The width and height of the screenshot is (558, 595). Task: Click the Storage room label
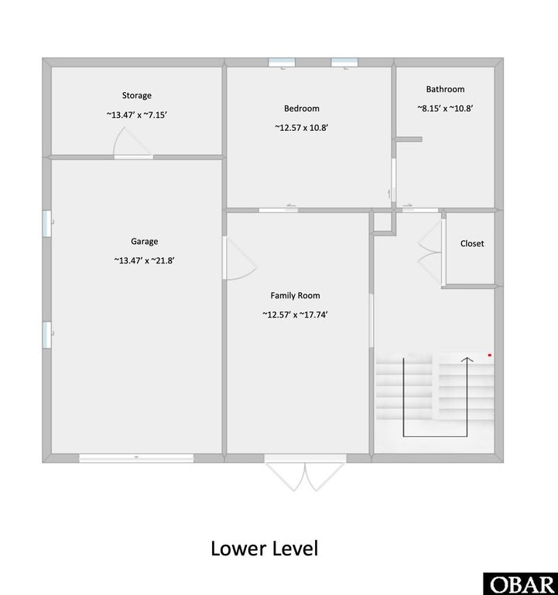click(x=136, y=96)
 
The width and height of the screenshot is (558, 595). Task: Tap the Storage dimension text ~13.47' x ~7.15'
click(x=136, y=115)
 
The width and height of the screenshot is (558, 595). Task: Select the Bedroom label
click(x=302, y=108)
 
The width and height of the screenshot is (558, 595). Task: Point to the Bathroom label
click(x=445, y=90)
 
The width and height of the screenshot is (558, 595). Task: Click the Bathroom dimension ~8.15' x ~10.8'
click(x=445, y=109)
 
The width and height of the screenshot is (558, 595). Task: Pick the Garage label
click(x=144, y=242)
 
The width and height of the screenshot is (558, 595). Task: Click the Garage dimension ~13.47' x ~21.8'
click(x=144, y=260)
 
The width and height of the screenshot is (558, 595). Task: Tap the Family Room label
click(x=295, y=295)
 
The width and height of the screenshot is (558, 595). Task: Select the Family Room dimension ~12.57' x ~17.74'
click(x=295, y=315)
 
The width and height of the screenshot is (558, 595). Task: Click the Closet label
click(x=472, y=243)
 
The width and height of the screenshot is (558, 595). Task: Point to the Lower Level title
click(x=264, y=549)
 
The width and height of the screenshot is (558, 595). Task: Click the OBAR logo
click(x=520, y=583)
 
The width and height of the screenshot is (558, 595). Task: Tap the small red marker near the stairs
click(x=490, y=355)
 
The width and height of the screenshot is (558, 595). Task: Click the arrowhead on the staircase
click(x=467, y=359)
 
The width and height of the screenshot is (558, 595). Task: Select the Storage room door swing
click(x=130, y=143)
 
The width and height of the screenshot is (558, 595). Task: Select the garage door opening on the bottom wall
click(x=136, y=458)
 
